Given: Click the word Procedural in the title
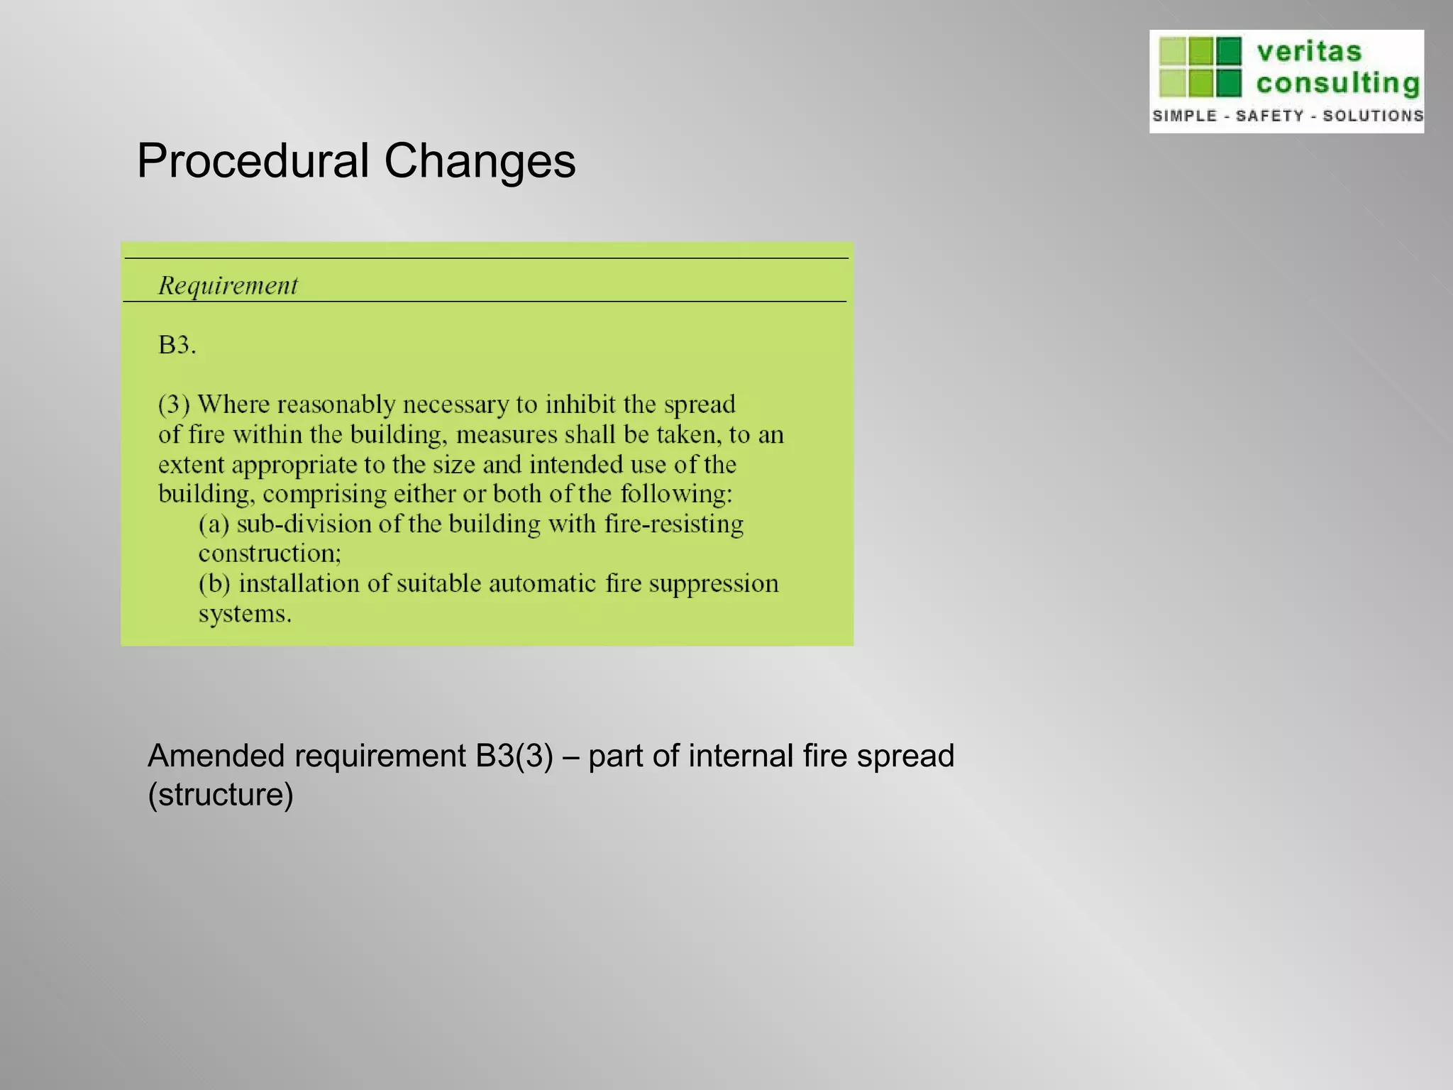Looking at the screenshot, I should pyautogui.click(x=253, y=161).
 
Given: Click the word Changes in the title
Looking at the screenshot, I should pyautogui.click(x=480, y=161).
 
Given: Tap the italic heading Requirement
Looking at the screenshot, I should pyautogui.click(x=228, y=285).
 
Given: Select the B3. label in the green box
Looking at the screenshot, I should pyautogui.click(x=177, y=346).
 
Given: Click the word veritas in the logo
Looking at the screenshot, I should pyautogui.click(x=1309, y=52).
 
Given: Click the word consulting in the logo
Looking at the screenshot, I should pyautogui.click(x=1337, y=83).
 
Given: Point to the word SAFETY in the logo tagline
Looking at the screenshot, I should pyautogui.click(x=1269, y=116).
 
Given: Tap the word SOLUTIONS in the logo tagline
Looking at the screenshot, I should pyautogui.click(x=1373, y=116).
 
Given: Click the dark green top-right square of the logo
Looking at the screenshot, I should pyautogui.click(x=1229, y=50).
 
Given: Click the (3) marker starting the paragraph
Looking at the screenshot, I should pyautogui.click(x=174, y=404).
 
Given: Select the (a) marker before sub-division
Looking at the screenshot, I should pyautogui.click(x=214, y=524).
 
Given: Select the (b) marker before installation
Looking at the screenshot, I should pyautogui.click(x=214, y=584).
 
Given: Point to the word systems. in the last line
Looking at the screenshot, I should pyautogui.click(x=245, y=614).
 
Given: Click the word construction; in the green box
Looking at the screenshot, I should pyautogui.click(x=270, y=554).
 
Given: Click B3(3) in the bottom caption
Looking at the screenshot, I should pyautogui.click(x=514, y=756).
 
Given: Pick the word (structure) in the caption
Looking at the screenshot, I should pyautogui.click(x=221, y=794).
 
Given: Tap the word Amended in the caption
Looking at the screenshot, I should pyautogui.click(x=216, y=756).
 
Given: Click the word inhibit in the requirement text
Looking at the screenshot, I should pyautogui.click(x=580, y=404).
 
